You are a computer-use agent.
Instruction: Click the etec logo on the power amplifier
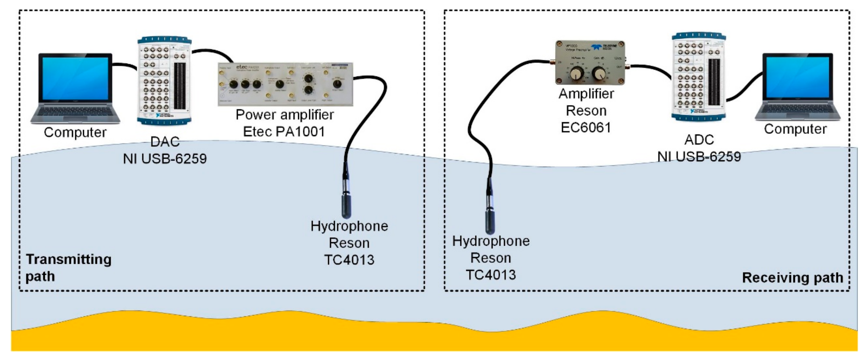(242, 67)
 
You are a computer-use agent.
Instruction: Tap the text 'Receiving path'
(792, 278)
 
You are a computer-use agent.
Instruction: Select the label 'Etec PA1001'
(284, 132)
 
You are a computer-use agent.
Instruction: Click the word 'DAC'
(165, 142)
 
